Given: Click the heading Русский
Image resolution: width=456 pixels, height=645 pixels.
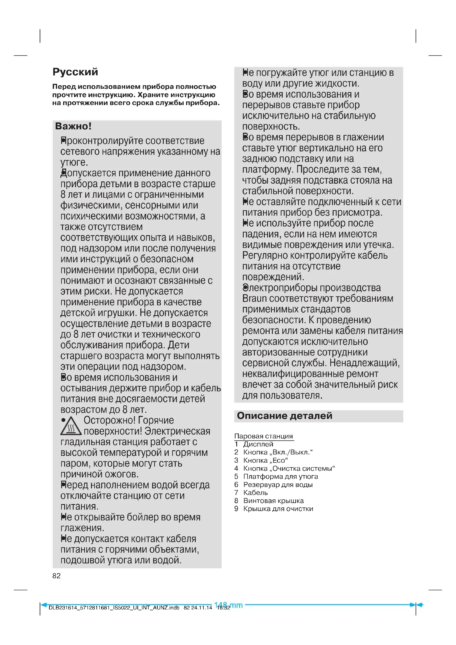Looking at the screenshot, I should tap(75, 72).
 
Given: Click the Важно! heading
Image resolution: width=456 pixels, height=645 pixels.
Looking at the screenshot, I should tap(73, 126).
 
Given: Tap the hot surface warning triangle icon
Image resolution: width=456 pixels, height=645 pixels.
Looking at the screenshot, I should tap(71, 426).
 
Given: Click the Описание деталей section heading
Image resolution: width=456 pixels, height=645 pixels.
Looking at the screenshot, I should tap(285, 416).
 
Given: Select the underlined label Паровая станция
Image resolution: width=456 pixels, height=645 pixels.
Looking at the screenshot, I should tap(263, 436).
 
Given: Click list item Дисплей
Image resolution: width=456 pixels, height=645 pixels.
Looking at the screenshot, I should tap(258, 444).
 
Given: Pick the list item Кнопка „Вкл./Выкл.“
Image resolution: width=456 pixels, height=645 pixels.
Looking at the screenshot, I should tap(278, 452).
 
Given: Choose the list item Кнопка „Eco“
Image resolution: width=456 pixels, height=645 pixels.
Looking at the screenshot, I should tap(265, 461).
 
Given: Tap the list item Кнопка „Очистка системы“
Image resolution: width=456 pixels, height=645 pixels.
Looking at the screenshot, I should tap(289, 468).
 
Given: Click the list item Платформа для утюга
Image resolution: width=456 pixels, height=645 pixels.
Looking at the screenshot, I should tap(280, 477).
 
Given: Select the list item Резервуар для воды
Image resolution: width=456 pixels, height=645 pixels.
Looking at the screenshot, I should tap(278, 485).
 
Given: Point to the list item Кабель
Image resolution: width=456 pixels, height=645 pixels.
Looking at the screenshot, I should tap(255, 493).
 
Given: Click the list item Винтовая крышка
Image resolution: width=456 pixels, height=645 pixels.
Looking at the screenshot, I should tap(273, 501).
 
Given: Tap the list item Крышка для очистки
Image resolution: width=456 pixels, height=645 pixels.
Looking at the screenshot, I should tap(278, 509).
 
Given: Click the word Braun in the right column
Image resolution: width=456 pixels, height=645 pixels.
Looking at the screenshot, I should tap(255, 298).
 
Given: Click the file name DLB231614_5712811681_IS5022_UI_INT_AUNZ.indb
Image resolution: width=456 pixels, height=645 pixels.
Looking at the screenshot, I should tap(114, 608).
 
